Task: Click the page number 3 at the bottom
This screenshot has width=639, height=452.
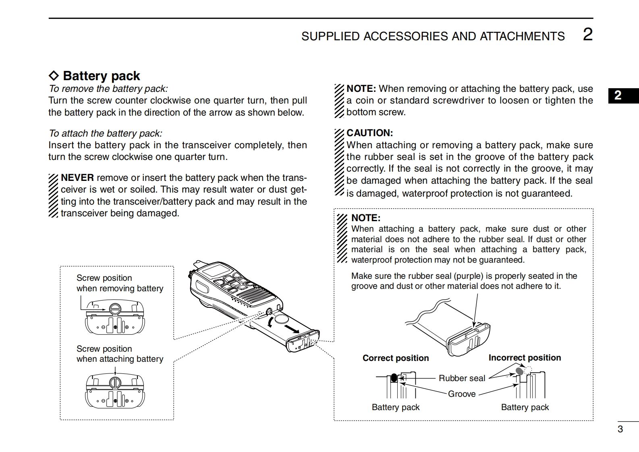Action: coord(620,429)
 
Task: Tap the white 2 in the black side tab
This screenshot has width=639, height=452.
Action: coord(618,95)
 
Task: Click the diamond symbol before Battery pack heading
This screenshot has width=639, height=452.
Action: coord(54,76)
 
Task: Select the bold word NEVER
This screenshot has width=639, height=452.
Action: coord(77,178)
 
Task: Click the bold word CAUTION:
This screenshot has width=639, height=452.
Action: coord(370,133)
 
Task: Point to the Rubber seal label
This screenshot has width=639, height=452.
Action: coord(462,378)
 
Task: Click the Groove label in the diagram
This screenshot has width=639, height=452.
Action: coord(462,394)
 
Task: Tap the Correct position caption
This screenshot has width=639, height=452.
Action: coord(396,358)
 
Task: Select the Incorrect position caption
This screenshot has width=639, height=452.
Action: coord(525,358)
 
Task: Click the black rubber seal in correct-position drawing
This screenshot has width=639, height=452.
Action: coord(394,378)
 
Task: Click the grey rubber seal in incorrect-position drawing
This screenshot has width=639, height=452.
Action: coord(519,371)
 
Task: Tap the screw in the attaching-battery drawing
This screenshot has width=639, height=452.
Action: coord(115,382)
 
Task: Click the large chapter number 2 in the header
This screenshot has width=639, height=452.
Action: coord(588,35)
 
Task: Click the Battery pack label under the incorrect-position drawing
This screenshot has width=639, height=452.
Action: coord(525,407)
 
